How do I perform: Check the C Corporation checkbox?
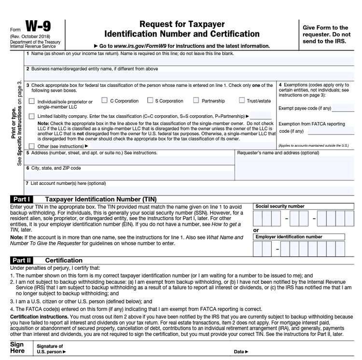[104, 100]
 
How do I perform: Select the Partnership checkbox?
[196, 100]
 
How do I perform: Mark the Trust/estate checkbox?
[242, 100]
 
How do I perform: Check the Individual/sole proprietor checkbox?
[32, 102]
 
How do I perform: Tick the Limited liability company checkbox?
[32, 116]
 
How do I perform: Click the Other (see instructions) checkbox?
[32, 146]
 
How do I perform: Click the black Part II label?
[22, 260]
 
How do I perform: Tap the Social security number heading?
[280, 206]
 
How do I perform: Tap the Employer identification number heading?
[289, 237]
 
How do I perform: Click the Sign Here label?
[18, 348]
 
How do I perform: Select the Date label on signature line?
[240, 352]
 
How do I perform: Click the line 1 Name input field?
[150, 61]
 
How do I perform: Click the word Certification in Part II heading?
[64, 260]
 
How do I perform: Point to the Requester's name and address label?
[278, 152]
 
